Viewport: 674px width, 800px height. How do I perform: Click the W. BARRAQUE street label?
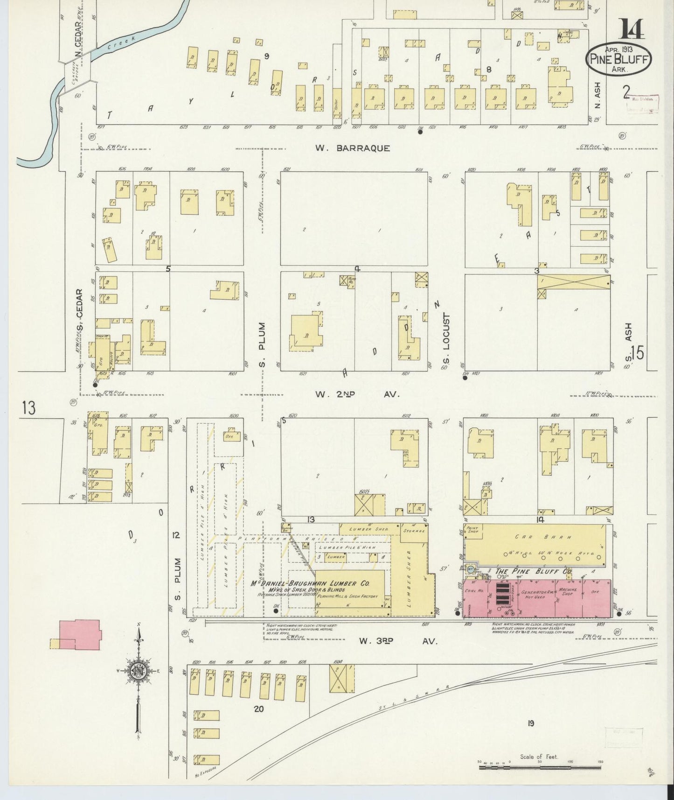tap(352, 148)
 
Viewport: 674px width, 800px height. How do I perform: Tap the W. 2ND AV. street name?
tap(357, 394)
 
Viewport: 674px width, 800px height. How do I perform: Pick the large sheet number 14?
tap(632, 29)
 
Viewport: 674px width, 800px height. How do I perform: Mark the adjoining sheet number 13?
tap(28, 408)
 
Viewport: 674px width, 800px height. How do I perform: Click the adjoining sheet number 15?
tap(638, 353)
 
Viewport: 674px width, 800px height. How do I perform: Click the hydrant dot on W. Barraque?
tap(420, 132)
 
